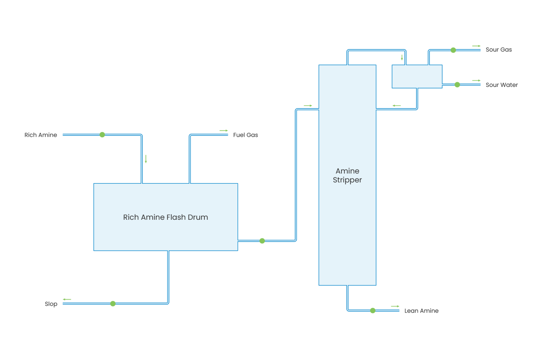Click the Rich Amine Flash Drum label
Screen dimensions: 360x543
click(x=165, y=217)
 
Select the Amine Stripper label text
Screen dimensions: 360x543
click(x=347, y=176)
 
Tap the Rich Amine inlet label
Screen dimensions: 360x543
click(x=41, y=135)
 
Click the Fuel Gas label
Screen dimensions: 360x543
click(x=245, y=135)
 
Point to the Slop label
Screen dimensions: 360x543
click(x=51, y=304)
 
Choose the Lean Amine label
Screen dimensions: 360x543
click(x=421, y=311)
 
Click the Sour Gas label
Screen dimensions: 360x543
click(x=498, y=50)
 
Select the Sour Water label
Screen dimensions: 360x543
click(x=501, y=85)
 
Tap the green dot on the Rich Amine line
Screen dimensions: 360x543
click(x=102, y=135)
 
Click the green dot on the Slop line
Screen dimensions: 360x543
click(x=113, y=304)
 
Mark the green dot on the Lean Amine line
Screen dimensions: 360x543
click(x=373, y=311)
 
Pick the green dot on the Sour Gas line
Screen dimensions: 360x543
click(x=453, y=50)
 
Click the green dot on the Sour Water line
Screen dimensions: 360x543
click(x=457, y=85)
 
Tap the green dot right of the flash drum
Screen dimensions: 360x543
click(x=262, y=241)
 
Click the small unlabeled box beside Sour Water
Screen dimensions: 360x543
click(x=417, y=76)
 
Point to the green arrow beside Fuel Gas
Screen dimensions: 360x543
click(x=224, y=131)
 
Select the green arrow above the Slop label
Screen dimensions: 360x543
click(x=67, y=300)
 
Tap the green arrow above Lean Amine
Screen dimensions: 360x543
click(x=395, y=306)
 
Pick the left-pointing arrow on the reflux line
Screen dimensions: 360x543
click(x=397, y=106)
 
